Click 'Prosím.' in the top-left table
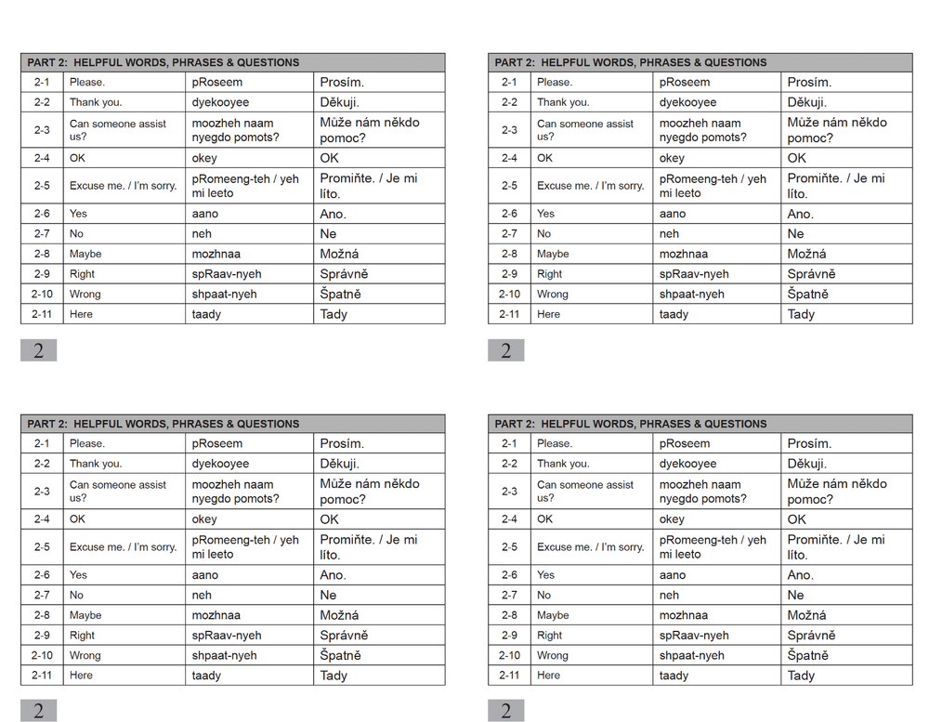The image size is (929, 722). pyautogui.click(x=342, y=82)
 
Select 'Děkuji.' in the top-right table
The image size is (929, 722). pyautogui.click(x=807, y=102)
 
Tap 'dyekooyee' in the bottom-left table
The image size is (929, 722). pyautogui.click(x=220, y=464)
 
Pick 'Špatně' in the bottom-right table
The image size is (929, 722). pyautogui.click(x=808, y=655)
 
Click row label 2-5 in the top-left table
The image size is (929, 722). pyautogui.click(x=41, y=186)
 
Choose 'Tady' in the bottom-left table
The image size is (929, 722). pyautogui.click(x=334, y=676)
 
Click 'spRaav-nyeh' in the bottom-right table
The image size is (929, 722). pyautogui.click(x=694, y=636)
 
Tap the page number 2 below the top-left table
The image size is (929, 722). pyautogui.click(x=39, y=350)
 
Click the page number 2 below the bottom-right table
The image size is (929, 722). pyautogui.click(x=506, y=712)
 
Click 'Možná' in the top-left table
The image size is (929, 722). pyautogui.click(x=339, y=254)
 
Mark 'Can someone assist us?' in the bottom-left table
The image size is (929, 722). pyautogui.click(x=118, y=491)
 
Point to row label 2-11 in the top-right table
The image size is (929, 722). pyautogui.click(x=509, y=314)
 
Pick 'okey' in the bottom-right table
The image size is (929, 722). pyautogui.click(x=672, y=519)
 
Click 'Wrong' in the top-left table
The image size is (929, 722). pyautogui.click(x=85, y=294)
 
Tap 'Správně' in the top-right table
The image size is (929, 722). pyautogui.click(x=812, y=274)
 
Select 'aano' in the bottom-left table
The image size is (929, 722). pyautogui.click(x=205, y=575)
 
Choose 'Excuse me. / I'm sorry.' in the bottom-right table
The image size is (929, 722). pyautogui.click(x=591, y=547)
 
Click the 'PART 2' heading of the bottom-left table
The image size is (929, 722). pyautogui.click(x=163, y=424)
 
